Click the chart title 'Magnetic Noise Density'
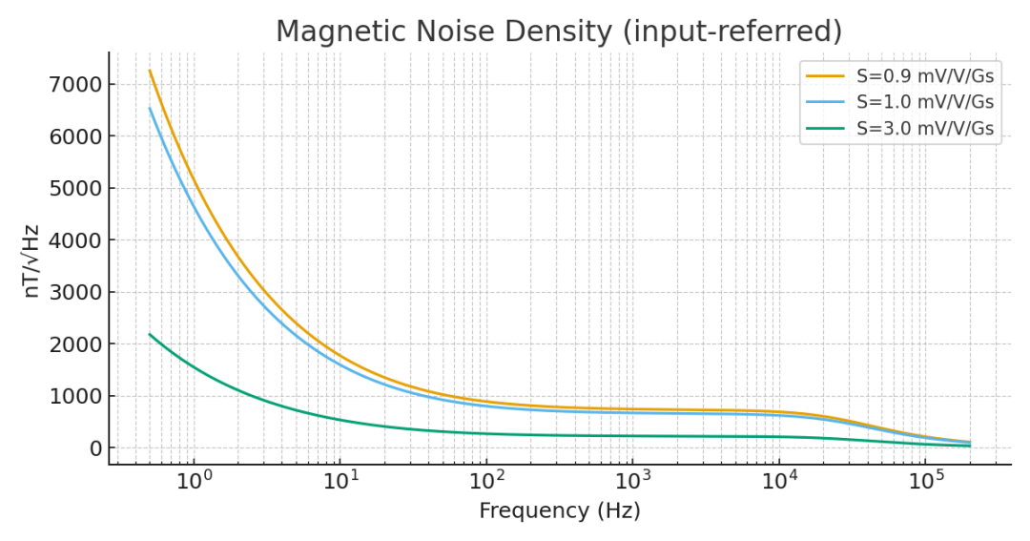click(x=443, y=31)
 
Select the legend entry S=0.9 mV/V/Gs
click(x=924, y=75)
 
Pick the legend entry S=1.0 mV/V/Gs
click(x=924, y=101)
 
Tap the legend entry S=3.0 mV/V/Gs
click(x=924, y=127)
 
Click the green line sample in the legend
click(x=826, y=127)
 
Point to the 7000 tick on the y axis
click(x=73, y=85)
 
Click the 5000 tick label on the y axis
click(x=73, y=189)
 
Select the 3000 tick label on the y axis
click(x=73, y=293)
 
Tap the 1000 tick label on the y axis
click(x=73, y=397)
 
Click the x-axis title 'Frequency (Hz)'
click(x=559, y=511)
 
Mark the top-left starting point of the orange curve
click(x=150, y=71)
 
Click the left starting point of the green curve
click(x=150, y=335)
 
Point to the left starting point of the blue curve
click(x=150, y=108)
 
